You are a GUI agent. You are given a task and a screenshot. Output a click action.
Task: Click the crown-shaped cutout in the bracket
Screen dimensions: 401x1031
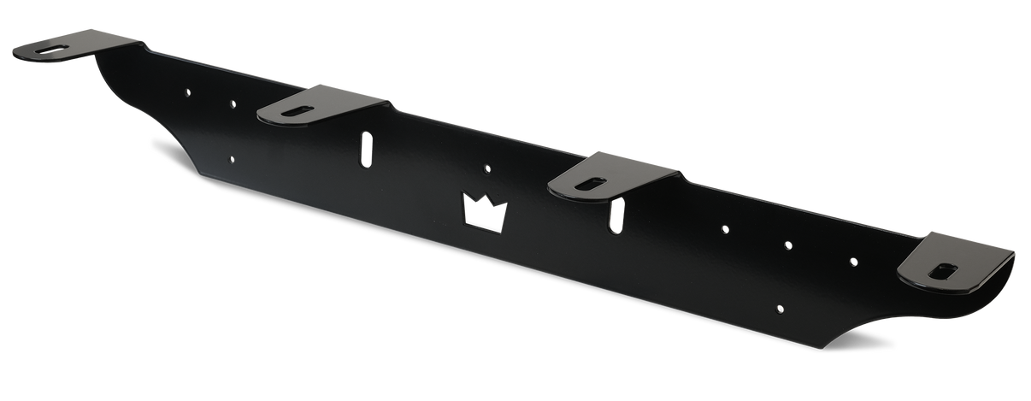point(484,212)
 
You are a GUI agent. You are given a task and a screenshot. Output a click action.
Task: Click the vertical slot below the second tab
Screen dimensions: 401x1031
point(366,150)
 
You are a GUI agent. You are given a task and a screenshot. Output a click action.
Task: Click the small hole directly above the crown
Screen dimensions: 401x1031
point(487,168)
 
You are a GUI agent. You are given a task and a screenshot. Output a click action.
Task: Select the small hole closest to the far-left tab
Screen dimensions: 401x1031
point(188,89)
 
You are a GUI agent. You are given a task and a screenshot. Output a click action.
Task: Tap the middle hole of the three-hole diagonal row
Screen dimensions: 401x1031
point(789,245)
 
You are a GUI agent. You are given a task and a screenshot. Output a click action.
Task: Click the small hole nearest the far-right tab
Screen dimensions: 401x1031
point(852,261)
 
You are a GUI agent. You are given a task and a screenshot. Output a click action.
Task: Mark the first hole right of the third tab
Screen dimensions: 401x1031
point(725,228)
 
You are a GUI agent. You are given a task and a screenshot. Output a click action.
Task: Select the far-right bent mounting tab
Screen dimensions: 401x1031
point(957,261)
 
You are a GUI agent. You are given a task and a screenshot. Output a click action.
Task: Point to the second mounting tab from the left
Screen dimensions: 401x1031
point(321,104)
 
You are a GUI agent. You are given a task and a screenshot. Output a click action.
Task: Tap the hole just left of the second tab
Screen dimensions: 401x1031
point(233,103)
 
